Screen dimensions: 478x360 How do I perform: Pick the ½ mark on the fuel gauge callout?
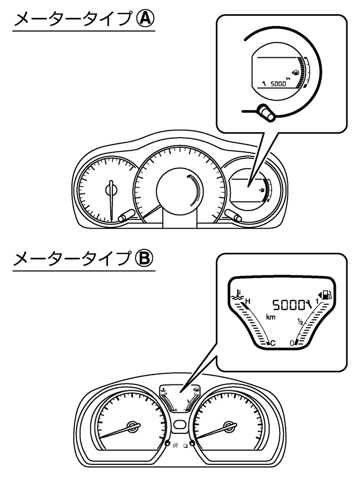301,323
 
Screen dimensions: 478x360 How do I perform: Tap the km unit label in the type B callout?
271,317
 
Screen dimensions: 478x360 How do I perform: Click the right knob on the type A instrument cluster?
235,215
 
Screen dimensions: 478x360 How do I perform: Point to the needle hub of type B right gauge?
229,426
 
